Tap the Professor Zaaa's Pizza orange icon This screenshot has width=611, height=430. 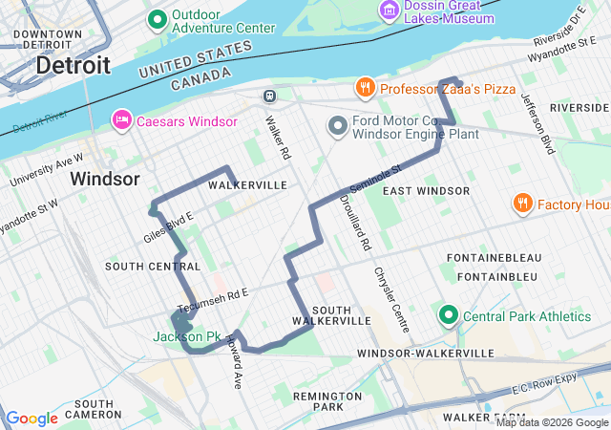[x=365, y=89]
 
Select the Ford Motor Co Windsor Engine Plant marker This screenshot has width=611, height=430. [x=337, y=125]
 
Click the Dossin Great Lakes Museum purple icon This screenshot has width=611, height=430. [x=389, y=11]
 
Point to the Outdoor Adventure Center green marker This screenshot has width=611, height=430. [x=158, y=18]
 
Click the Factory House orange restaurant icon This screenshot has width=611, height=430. [x=521, y=204]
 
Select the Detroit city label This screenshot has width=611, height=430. [x=73, y=66]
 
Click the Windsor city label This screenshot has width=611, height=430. [x=105, y=179]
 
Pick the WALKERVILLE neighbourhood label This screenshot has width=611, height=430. [x=247, y=184]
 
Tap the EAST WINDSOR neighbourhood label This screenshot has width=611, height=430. [x=426, y=191]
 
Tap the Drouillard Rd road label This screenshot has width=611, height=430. [x=365, y=225]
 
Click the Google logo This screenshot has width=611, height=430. [x=32, y=419]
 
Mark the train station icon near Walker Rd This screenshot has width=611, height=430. [x=270, y=96]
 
